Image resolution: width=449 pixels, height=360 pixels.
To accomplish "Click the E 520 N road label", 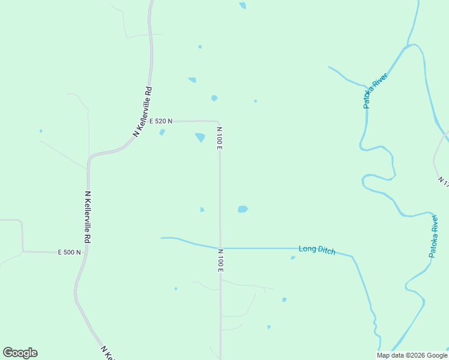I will [161, 121].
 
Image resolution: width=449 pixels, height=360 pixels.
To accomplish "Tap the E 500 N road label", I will [69, 253].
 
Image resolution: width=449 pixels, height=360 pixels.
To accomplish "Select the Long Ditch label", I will [317, 250].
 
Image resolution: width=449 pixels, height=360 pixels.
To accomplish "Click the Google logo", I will [20, 353].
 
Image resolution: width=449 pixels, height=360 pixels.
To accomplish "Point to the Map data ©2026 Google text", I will [412, 355].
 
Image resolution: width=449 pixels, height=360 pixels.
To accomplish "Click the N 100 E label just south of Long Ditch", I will [221, 260].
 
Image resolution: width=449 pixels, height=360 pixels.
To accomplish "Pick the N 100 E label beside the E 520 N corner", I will [220, 139].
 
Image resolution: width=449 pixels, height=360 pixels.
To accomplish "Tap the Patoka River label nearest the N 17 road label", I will [435, 237].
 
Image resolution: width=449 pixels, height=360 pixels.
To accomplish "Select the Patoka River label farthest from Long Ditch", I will [375, 91].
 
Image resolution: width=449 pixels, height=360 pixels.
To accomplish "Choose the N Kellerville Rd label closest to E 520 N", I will [142, 112].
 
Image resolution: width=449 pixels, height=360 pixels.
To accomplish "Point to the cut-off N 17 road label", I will [443, 181].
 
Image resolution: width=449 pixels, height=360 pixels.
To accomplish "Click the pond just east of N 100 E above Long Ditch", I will [243, 209].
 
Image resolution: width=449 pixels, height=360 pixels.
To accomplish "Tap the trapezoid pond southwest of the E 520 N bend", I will [200, 137].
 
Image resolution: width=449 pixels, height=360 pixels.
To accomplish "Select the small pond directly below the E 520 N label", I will [162, 132].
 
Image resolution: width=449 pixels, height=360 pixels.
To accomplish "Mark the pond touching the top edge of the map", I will [243, 5].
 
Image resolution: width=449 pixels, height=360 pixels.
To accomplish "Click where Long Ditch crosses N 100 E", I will [220, 248].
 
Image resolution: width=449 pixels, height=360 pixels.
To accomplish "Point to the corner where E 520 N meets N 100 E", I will [218, 122].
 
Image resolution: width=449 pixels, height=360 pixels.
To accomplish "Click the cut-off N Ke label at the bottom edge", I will [107, 353].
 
